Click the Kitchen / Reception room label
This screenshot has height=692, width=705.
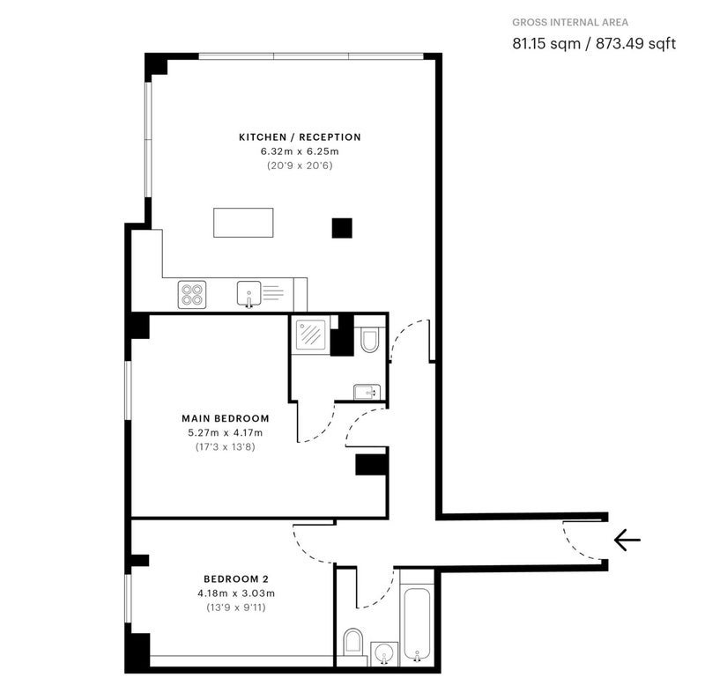point(300,137)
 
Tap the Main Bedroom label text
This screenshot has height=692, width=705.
point(226,418)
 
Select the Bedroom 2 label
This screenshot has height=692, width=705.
point(236,578)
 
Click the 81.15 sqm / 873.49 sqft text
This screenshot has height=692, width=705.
point(594,43)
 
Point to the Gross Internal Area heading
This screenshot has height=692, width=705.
point(570,23)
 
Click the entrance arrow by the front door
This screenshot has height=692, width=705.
point(627,540)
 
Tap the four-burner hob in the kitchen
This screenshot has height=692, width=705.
point(192,295)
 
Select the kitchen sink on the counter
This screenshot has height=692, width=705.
point(249,294)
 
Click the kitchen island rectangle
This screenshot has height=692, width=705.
point(243,222)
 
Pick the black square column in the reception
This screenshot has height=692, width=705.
point(342,228)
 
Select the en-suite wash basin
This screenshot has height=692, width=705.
point(367,392)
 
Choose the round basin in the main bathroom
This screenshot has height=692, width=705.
point(384,653)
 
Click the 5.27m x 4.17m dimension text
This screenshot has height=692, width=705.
point(226,433)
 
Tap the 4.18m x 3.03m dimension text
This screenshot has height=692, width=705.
point(236,593)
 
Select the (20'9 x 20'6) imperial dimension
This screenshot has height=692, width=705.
point(300,166)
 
